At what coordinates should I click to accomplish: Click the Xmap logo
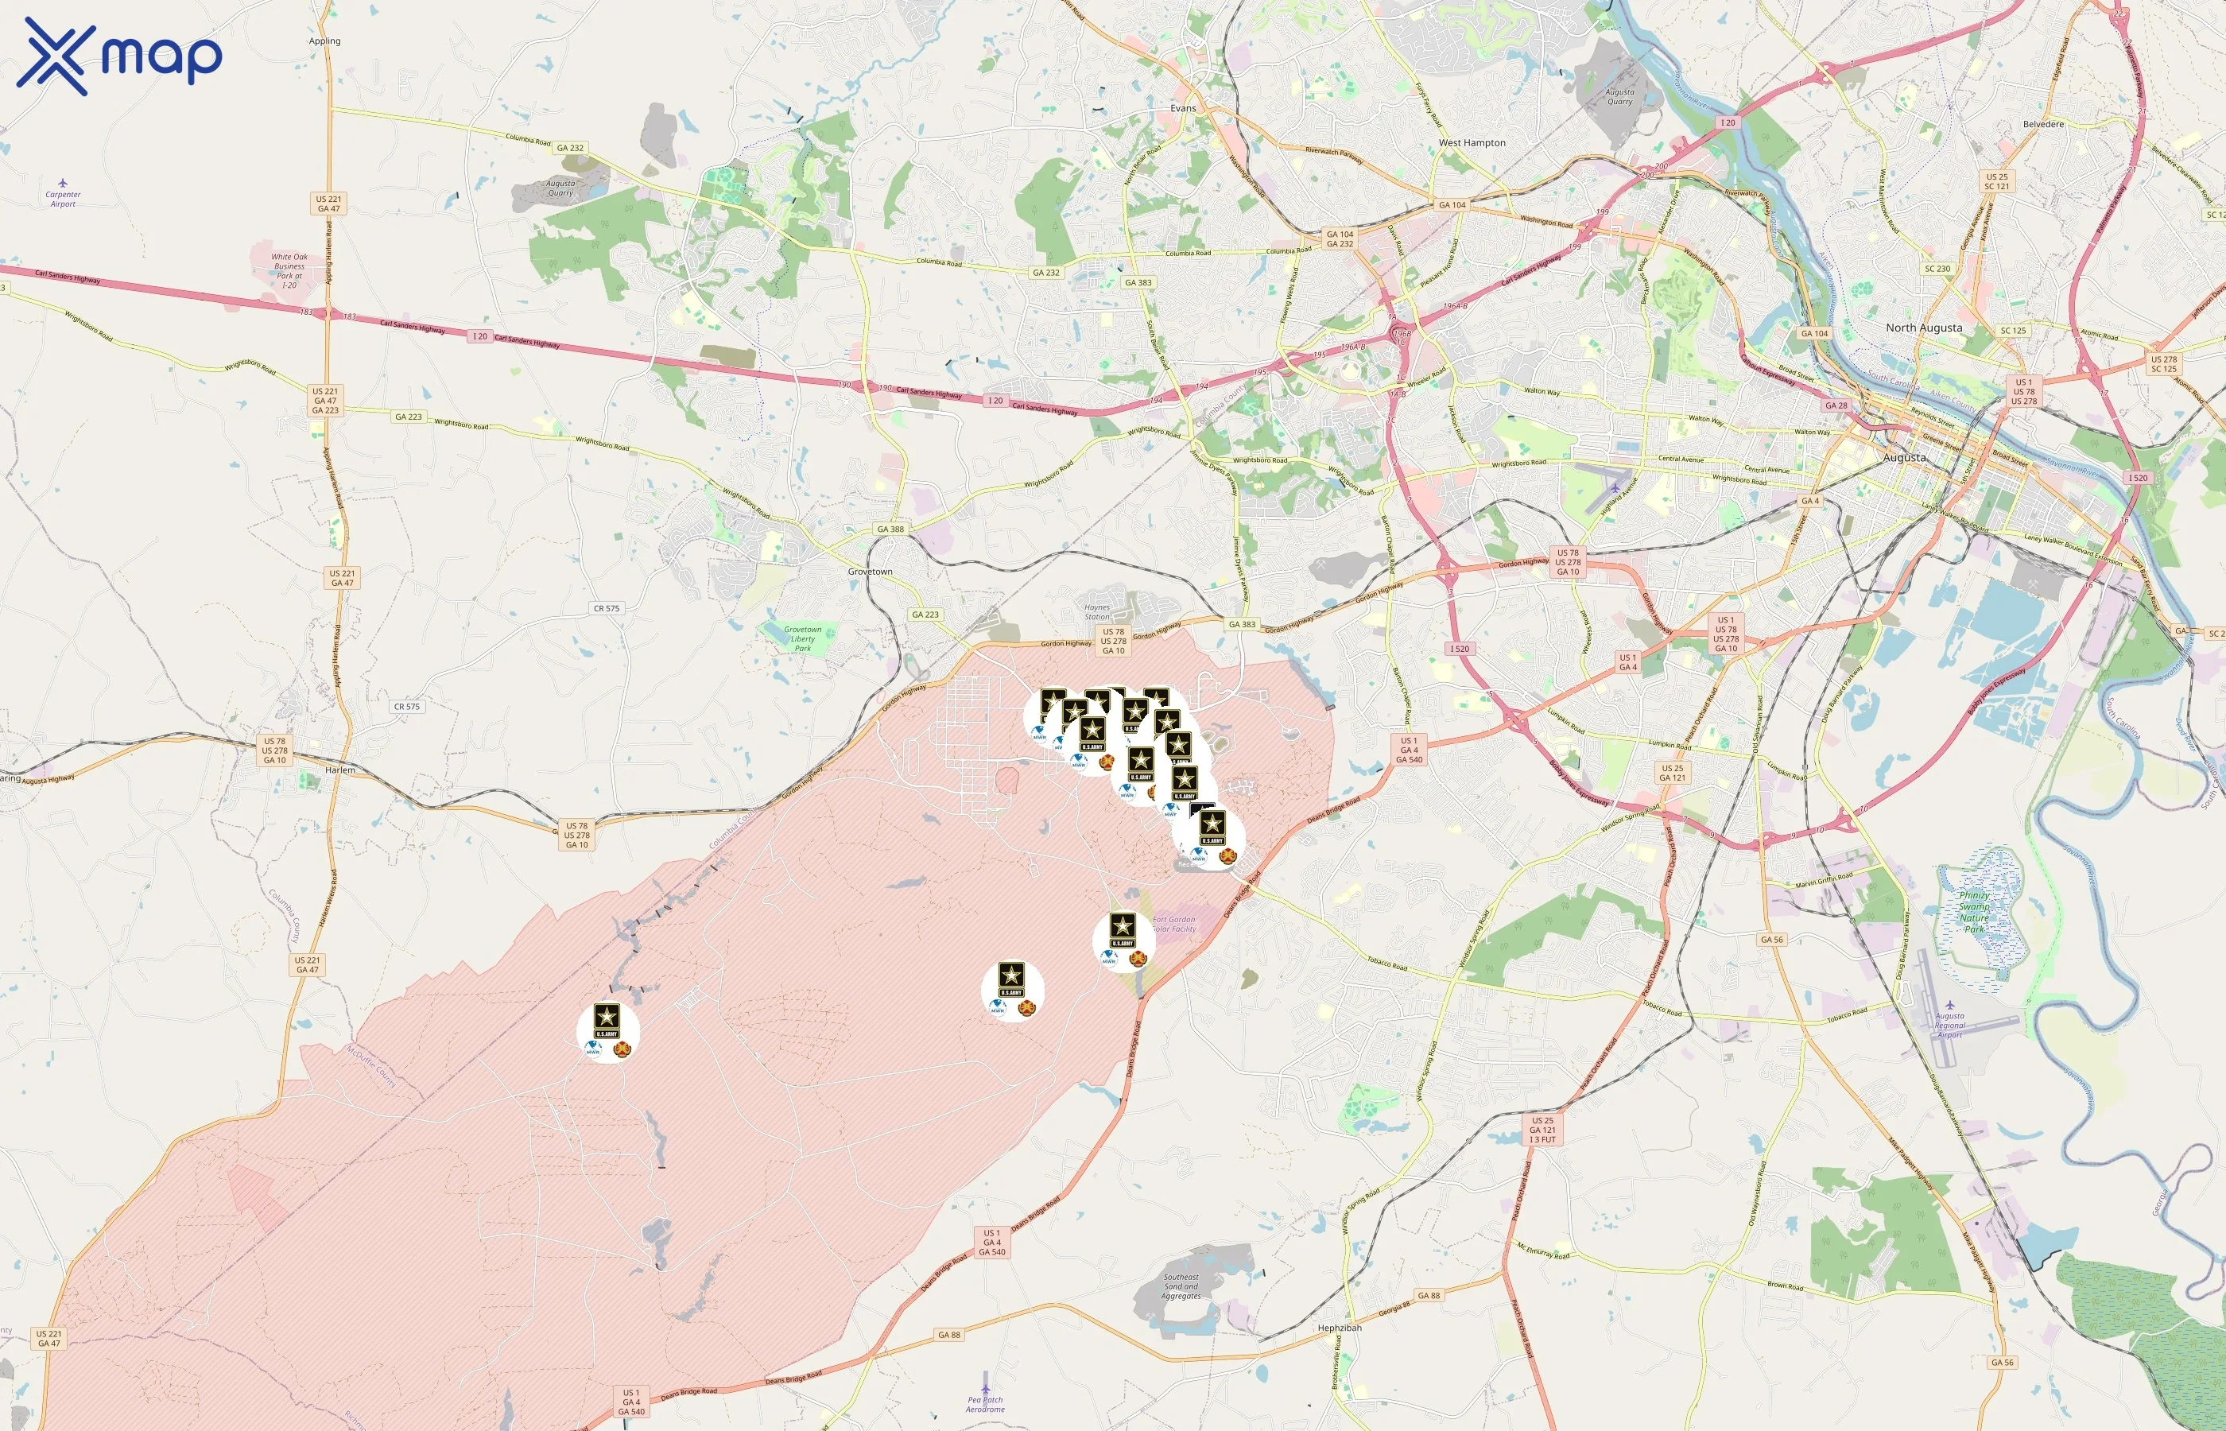click(x=119, y=56)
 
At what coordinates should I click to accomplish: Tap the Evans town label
click(x=1183, y=108)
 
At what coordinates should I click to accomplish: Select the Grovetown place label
click(x=870, y=572)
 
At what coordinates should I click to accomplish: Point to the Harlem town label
click(x=340, y=770)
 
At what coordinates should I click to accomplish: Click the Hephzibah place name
click(x=1339, y=1328)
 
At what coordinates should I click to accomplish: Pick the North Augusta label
click(x=1923, y=328)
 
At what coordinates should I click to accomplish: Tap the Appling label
click(x=324, y=41)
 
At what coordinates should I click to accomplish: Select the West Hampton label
click(x=1472, y=143)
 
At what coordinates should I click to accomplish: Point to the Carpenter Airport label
click(x=63, y=199)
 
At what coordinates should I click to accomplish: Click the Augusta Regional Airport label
click(x=1949, y=1025)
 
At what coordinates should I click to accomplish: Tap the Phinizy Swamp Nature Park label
click(x=1974, y=912)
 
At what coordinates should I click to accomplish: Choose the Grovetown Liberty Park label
click(x=803, y=638)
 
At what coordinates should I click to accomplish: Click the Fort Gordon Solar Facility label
click(x=1174, y=924)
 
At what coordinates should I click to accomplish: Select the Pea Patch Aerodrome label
click(x=985, y=1404)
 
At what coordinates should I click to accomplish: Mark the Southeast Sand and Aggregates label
click(x=1181, y=1286)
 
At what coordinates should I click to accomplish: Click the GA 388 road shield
click(x=890, y=529)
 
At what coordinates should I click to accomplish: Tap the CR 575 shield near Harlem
click(x=406, y=706)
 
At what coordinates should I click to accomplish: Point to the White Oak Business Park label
click(x=289, y=270)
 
